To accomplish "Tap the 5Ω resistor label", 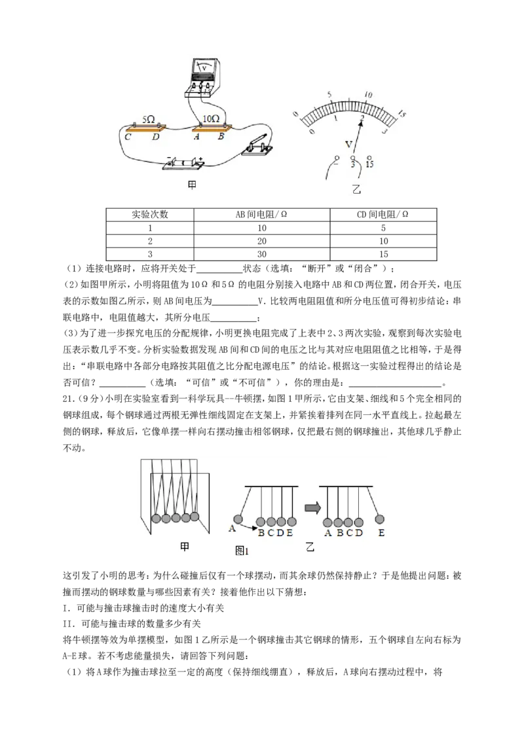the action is click(x=149, y=120).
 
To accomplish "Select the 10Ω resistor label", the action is click(x=210, y=118).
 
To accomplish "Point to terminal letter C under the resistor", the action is click(x=128, y=137).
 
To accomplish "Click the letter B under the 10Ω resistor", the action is click(x=220, y=137).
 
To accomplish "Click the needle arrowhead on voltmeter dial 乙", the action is click(x=361, y=122).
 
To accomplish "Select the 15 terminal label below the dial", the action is click(x=369, y=164).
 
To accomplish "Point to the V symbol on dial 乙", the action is click(x=349, y=144).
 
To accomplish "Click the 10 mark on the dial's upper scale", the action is click(x=368, y=95).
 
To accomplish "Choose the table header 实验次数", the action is click(x=150, y=214).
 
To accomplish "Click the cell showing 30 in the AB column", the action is click(x=261, y=254).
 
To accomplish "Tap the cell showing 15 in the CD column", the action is click(x=383, y=254).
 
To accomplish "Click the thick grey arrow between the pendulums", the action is click(x=312, y=508).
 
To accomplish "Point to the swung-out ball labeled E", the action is click(x=380, y=519).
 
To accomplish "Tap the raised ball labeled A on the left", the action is click(x=238, y=519).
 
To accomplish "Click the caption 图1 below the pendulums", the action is click(x=242, y=551).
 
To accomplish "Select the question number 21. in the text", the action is click(x=69, y=399).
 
